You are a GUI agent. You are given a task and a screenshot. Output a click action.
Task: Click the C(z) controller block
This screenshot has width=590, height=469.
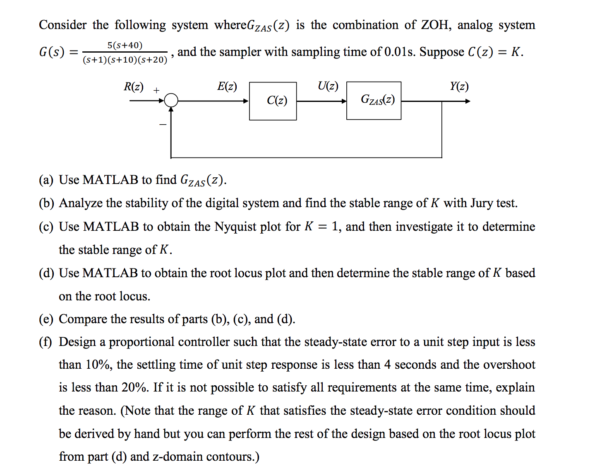click(273, 101)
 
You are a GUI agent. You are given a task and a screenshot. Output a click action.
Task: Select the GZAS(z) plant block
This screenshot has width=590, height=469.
click(374, 101)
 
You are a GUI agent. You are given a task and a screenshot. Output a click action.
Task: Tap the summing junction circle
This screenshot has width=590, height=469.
click(171, 101)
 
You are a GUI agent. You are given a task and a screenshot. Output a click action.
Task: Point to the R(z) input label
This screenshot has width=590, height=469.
click(133, 87)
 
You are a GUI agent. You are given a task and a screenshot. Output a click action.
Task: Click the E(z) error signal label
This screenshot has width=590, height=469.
click(227, 86)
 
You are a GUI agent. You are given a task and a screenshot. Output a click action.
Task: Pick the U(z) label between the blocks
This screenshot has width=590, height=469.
click(328, 86)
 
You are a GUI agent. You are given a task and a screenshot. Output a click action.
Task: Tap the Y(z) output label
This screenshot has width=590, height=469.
click(459, 86)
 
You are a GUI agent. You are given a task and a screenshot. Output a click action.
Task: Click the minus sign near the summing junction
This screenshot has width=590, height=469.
click(163, 124)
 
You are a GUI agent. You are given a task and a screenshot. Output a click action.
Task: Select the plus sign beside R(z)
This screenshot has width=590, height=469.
click(156, 90)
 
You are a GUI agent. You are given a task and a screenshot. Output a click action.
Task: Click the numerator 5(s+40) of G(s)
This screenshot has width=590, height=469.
click(125, 45)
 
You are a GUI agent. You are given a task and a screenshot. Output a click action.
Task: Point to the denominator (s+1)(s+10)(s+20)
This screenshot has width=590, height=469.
click(125, 60)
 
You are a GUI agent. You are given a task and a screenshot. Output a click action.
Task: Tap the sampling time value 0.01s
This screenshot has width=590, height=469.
click(399, 52)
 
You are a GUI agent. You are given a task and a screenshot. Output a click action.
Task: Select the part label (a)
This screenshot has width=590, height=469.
click(46, 180)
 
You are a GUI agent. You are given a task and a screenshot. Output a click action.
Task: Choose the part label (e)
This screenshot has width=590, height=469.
click(46, 319)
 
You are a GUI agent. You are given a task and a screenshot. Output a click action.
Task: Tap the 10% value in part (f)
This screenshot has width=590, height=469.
click(98, 365)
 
